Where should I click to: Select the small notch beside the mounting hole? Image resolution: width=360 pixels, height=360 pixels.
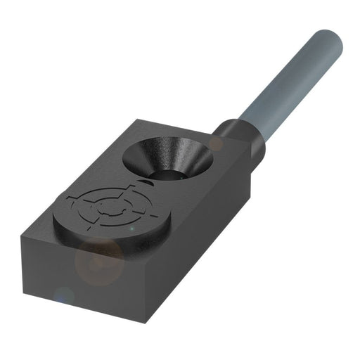[146, 181]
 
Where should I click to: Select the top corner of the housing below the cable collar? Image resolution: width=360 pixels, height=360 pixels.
[251, 160]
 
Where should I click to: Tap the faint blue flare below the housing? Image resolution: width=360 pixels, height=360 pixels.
[64, 295]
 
